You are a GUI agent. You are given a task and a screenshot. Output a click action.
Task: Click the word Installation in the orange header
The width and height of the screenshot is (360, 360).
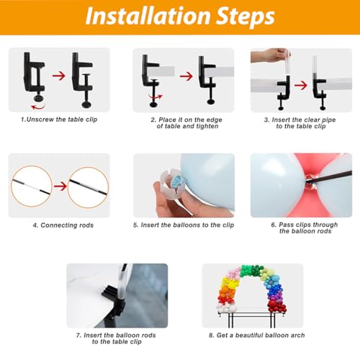(148, 16)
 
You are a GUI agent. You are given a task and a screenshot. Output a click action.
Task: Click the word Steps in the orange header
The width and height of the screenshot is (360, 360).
(246, 17)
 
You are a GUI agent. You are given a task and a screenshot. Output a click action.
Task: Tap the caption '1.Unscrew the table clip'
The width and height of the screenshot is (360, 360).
(59, 120)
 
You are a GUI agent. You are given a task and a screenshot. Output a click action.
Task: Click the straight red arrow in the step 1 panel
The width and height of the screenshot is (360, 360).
(59, 76)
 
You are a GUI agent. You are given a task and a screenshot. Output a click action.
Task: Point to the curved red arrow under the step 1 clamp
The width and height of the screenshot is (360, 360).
(38, 107)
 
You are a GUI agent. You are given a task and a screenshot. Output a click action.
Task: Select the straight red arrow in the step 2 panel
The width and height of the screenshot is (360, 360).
(186, 76)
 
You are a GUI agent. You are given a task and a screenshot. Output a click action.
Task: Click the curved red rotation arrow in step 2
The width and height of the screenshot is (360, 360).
(156, 96)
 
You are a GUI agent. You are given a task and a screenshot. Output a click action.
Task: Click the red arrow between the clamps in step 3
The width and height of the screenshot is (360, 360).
(301, 85)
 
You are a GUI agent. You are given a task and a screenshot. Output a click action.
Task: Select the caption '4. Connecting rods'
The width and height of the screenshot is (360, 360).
(63, 225)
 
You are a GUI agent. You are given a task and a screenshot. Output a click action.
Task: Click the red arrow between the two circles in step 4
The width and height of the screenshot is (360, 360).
(60, 186)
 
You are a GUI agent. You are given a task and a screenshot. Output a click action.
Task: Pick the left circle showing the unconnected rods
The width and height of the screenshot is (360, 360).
(32, 186)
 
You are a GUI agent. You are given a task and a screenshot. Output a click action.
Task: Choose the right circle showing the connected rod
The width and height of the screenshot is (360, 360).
(88, 187)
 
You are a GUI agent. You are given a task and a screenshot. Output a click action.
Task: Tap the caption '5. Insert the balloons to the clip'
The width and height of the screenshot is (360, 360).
(184, 225)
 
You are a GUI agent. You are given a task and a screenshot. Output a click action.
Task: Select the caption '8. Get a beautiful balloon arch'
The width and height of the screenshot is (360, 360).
(257, 336)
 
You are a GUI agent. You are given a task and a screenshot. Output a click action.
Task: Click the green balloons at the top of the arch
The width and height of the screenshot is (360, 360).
(252, 271)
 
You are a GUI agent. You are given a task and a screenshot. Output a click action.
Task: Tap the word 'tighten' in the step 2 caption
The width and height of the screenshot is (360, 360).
(207, 127)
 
